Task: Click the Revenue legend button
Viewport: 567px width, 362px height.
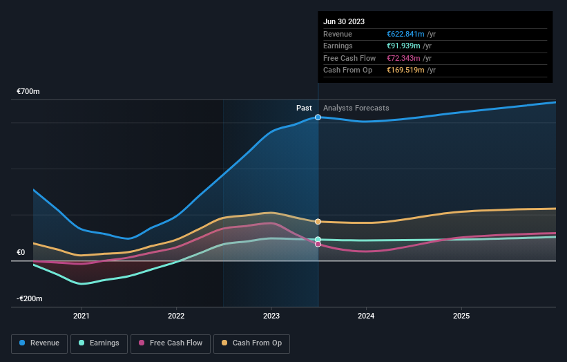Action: (x=39, y=343)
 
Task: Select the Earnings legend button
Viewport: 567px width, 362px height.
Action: (x=98, y=343)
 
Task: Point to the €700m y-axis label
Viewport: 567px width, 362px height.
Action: (x=28, y=92)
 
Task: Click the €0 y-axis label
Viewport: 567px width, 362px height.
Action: (x=21, y=253)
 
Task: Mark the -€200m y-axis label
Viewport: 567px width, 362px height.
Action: (x=30, y=298)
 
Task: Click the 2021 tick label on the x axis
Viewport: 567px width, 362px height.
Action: (x=81, y=316)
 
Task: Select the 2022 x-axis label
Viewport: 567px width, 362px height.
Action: (x=176, y=316)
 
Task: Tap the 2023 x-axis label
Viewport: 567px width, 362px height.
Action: (x=271, y=316)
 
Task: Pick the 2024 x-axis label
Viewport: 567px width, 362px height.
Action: (x=366, y=316)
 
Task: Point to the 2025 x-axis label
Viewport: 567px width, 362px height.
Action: (x=461, y=316)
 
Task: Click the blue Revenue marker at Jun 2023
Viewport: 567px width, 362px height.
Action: (x=318, y=117)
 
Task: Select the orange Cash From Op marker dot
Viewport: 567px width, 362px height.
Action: (x=318, y=222)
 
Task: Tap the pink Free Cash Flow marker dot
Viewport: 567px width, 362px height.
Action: (x=318, y=244)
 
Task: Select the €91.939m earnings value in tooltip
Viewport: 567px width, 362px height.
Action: (x=404, y=46)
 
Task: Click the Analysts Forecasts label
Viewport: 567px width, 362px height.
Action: (x=356, y=108)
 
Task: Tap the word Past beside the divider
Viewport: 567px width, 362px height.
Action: (x=304, y=108)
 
